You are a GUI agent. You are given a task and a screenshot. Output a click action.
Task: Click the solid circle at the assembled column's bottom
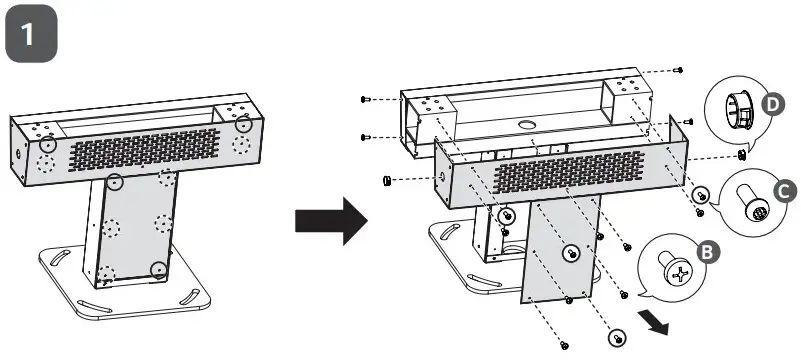pyautogui.click(x=158, y=268)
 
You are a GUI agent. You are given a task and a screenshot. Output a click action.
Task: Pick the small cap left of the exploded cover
pyautogui.click(x=387, y=180)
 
